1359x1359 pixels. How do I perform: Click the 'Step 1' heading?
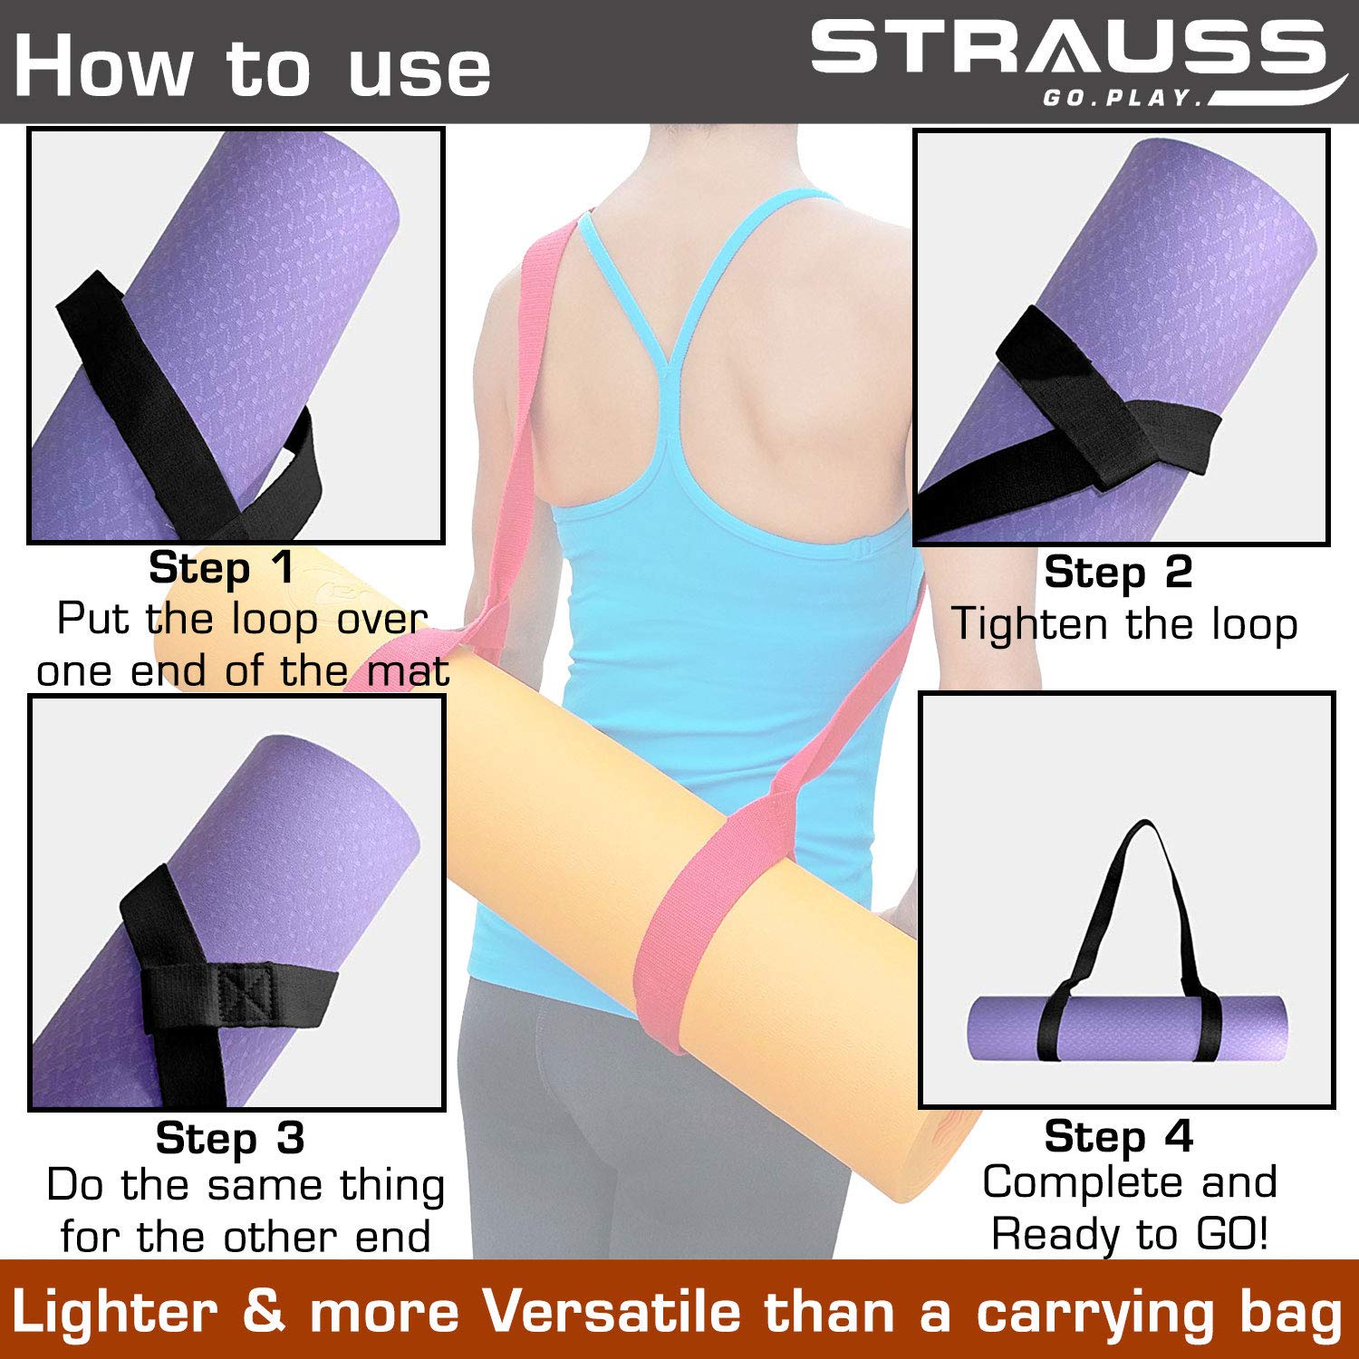click(222, 568)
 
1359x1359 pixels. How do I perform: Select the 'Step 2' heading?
click(1118, 573)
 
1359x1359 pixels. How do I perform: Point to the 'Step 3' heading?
click(230, 1138)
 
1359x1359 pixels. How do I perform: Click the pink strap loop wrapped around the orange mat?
click(681, 933)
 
